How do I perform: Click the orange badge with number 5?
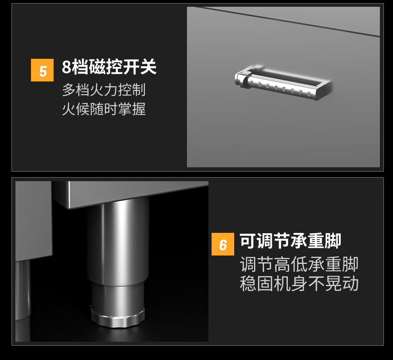42,70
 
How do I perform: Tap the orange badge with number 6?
223,244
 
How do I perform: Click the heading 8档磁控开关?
109,67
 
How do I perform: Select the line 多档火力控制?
104,90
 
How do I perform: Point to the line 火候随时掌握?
104,109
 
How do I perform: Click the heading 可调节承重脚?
290,241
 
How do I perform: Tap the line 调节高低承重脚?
299,264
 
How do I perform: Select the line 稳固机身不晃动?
299,283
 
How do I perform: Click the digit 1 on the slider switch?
252,83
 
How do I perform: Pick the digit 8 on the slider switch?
309,94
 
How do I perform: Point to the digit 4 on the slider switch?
276,88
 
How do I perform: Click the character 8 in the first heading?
67,67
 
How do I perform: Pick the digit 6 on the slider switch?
292,91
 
